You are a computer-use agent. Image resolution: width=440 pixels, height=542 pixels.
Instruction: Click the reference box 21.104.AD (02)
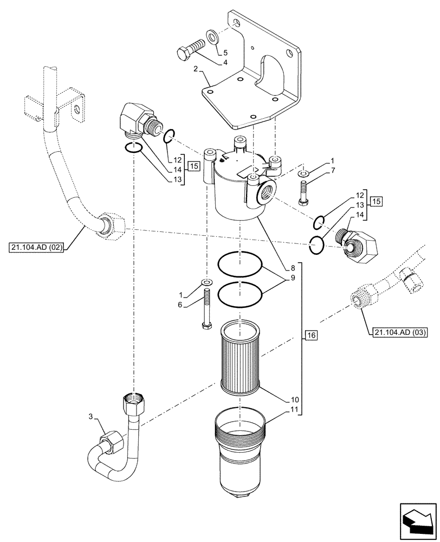(x=37, y=248)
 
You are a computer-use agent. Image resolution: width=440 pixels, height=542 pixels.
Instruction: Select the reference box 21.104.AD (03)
(x=398, y=331)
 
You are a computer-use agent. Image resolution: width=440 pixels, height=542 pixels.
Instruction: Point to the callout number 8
(x=293, y=267)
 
